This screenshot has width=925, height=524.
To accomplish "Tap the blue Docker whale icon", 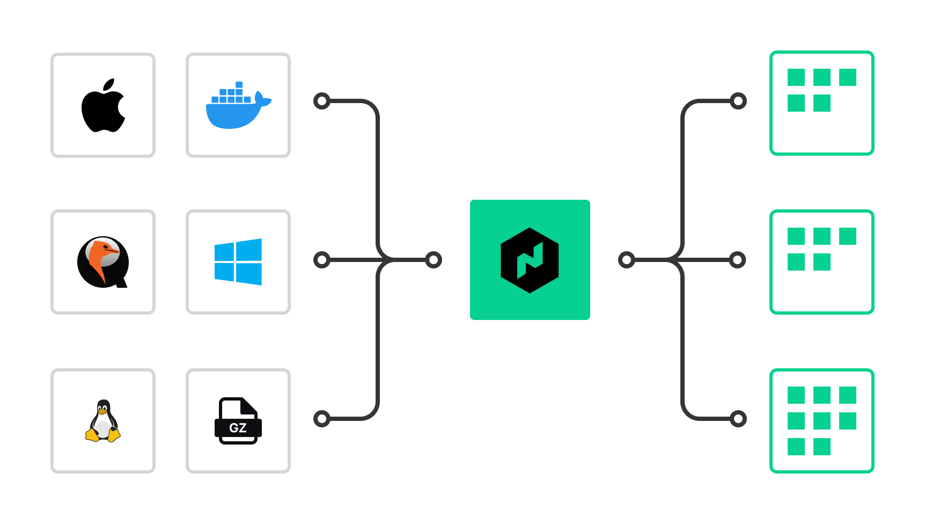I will click(x=236, y=112).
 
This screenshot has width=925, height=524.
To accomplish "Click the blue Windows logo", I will click(x=238, y=262).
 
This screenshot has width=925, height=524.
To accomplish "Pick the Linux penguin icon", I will click(x=103, y=421).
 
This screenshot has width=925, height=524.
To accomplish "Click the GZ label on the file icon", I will click(x=238, y=428).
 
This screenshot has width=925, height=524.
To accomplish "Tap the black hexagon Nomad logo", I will click(x=530, y=260).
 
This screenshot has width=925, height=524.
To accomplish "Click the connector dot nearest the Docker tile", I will click(x=322, y=101).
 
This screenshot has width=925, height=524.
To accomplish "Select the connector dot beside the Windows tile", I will click(x=322, y=260).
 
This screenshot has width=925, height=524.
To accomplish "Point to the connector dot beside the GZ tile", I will click(x=322, y=419).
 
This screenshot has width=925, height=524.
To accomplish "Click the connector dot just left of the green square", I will click(x=434, y=260).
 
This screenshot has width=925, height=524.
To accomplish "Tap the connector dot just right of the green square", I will click(x=626, y=260).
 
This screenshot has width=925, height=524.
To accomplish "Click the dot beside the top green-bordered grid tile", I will click(x=738, y=101).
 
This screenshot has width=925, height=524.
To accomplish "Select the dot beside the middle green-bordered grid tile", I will click(x=738, y=260).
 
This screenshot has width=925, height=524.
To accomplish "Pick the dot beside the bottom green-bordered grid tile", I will click(x=738, y=419).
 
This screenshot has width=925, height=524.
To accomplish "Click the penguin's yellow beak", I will click(x=102, y=412).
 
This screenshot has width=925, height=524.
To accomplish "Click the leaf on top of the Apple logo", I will click(x=109, y=85).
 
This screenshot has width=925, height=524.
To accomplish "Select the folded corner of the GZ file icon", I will click(x=249, y=406).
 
